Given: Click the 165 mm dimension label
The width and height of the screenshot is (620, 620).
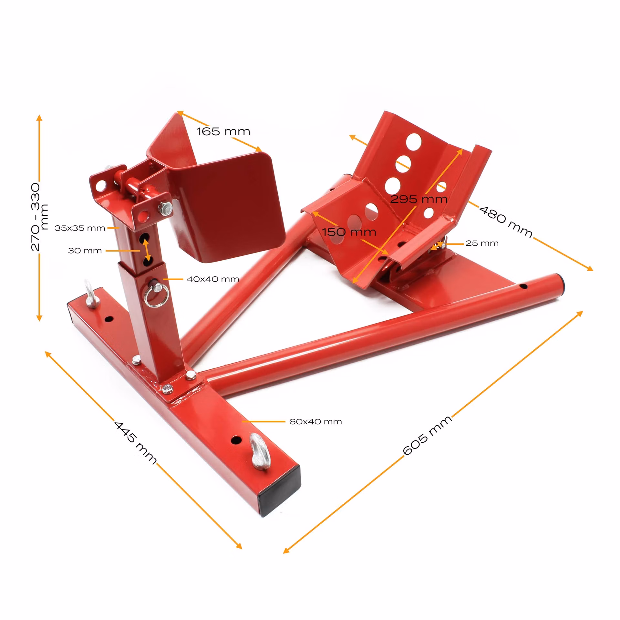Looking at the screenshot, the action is (223, 131).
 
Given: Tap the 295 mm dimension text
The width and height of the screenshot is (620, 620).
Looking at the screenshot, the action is (419, 199).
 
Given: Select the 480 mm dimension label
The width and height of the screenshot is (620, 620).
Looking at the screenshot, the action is (506, 222).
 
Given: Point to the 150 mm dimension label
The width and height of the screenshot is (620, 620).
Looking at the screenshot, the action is (349, 232).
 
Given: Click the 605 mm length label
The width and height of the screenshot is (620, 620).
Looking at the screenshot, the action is (427, 435).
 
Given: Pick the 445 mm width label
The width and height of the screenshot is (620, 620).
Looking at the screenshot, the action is (135, 442).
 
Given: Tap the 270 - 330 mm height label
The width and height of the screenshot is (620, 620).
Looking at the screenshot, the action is (39, 217).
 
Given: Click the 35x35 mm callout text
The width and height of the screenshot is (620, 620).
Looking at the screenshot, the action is (80, 228).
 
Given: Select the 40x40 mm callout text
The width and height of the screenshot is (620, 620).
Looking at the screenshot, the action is (213, 279).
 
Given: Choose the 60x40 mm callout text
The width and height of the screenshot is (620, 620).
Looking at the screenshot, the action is (315, 422).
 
